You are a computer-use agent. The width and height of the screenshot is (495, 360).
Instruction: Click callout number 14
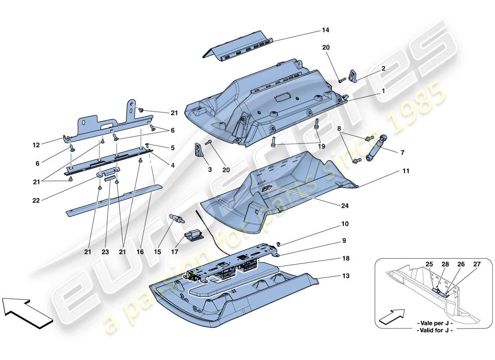[x=325, y=30]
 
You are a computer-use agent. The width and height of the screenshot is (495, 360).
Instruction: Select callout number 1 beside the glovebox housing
[x=383, y=90]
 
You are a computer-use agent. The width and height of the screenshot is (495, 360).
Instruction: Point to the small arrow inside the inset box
[x=390, y=316]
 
